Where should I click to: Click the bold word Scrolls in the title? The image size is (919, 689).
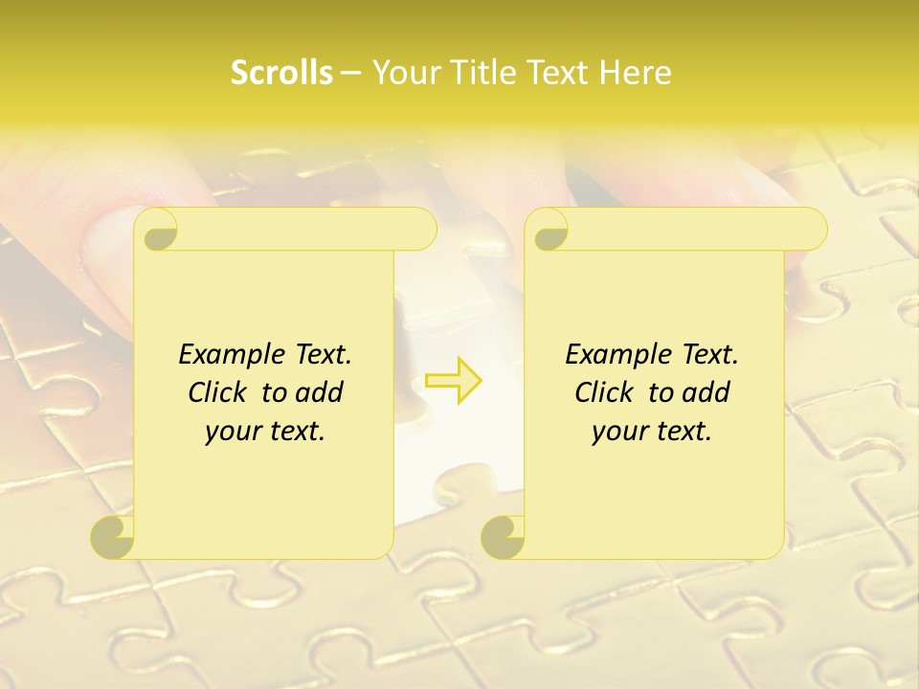[x=281, y=73]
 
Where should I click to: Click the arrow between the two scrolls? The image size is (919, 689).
[x=454, y=380]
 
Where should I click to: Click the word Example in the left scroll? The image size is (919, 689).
[x=228, y=355]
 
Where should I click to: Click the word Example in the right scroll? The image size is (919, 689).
[x=615, y=355]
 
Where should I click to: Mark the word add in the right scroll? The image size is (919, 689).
[x=705, y=392]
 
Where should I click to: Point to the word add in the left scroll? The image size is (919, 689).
[x=318, y=392]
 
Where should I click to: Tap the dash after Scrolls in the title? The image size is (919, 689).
[x=350, y=73]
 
